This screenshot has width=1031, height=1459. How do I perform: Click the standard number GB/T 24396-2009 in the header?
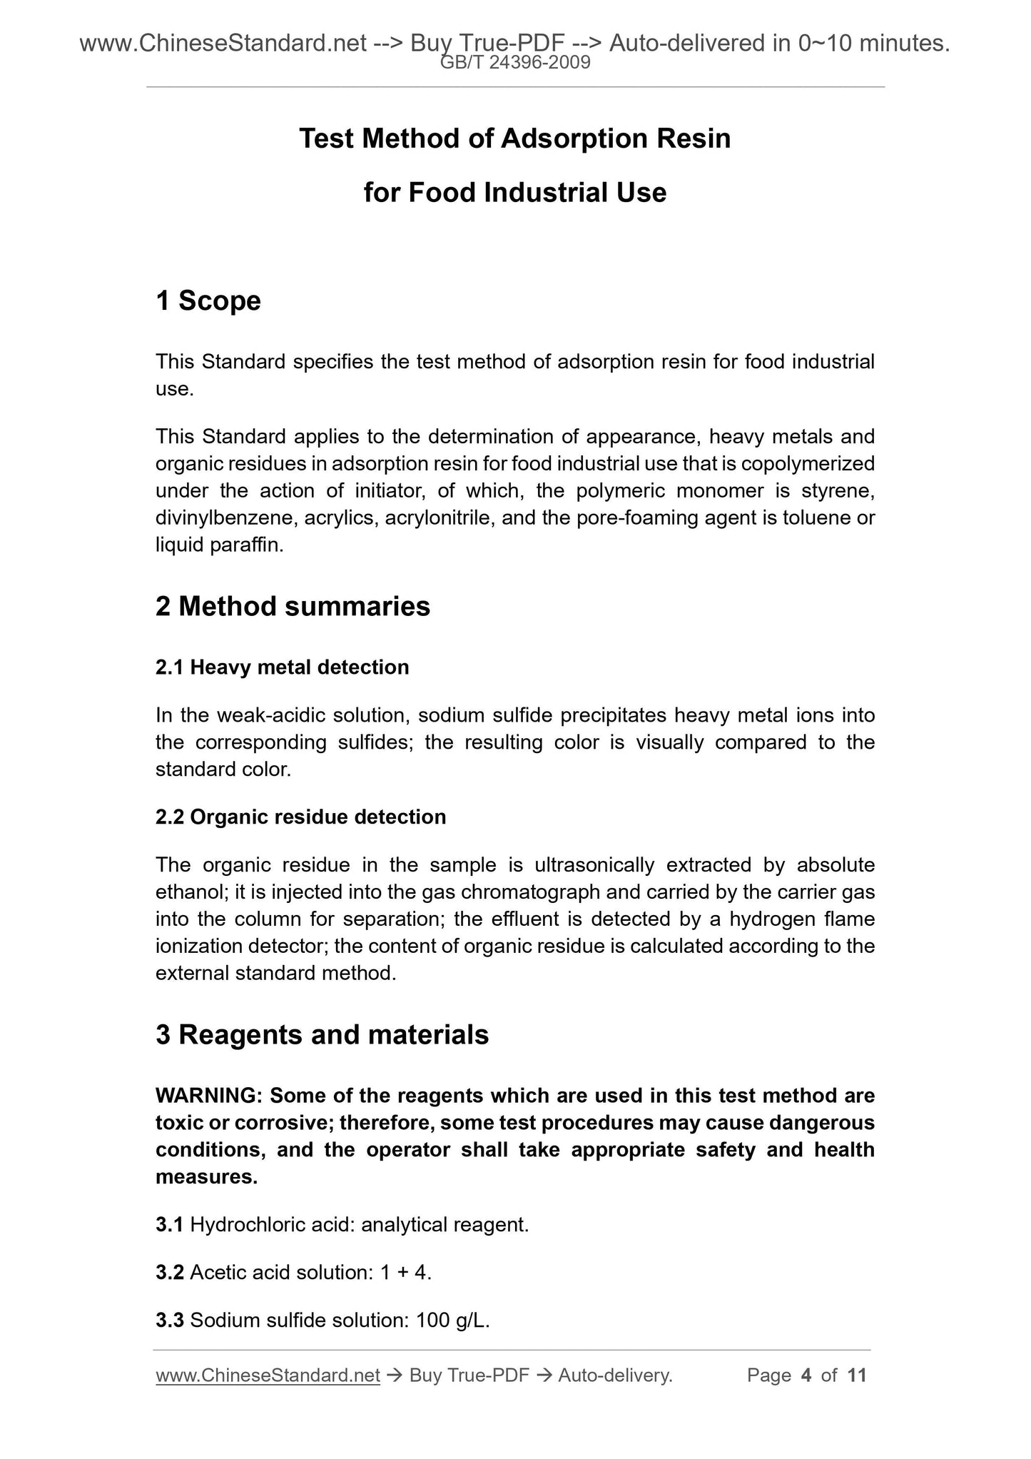tap(515, 64)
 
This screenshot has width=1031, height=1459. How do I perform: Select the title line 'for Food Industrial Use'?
tap(514, 193)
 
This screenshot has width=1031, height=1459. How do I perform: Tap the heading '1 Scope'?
tap(208, 301)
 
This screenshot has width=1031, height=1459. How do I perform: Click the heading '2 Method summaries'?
tap(293, 607)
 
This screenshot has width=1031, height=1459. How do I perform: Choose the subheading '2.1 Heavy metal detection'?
tap(282, 667)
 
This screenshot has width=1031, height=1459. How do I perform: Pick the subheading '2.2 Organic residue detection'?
tap(300, 817)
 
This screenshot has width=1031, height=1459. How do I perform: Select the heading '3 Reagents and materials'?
tap(322, 1035)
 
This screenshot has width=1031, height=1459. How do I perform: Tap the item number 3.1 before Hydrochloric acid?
tap(170, 1226)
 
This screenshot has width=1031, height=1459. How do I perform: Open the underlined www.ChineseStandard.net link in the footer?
tap(268, 1375)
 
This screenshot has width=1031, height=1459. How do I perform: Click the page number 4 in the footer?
tap(806, 1375)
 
